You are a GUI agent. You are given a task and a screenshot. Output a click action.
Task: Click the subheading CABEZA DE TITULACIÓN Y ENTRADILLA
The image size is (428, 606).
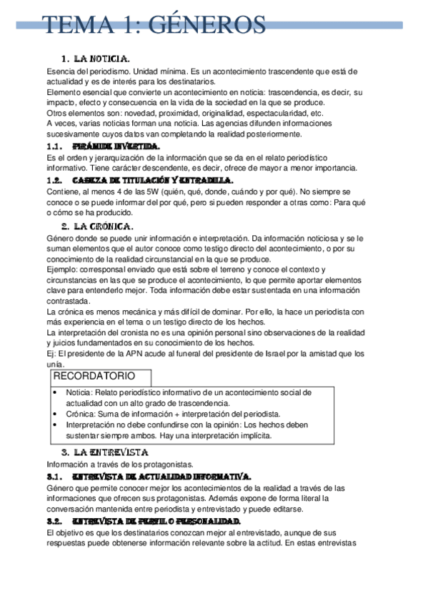(153, 180)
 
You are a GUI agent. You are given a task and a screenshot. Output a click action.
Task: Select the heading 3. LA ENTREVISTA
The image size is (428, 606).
(104, 452)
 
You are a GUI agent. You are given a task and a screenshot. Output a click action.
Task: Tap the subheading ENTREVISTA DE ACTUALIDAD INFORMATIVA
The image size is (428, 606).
(161, 475)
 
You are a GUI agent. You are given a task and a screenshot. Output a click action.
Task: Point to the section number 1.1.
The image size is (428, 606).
(56, 146)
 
